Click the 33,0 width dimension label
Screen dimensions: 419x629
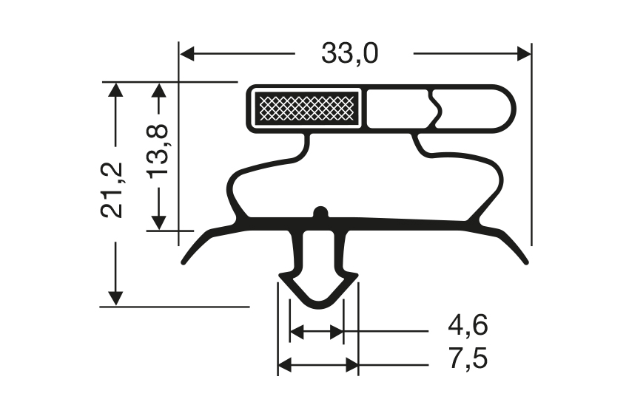349,54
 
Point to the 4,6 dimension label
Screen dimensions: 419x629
468,325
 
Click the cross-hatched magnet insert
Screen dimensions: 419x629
306,108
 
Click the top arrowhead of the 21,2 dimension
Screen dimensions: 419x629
115,89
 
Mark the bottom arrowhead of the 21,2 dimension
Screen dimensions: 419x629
115,299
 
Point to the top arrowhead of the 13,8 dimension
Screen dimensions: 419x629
158,89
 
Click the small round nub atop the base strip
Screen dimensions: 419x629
320,213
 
